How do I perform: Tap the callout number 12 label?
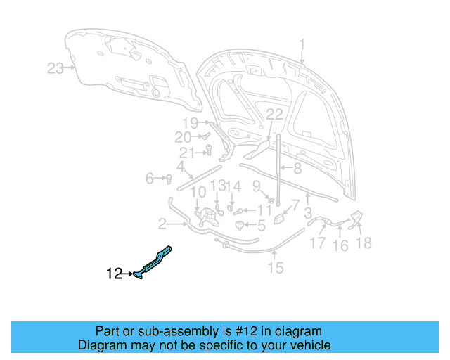pyautogui.click(x=115, y=274)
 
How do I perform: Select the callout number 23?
pyautogui.click(x=55, y=68)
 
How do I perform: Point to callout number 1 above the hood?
pyautogui.click(x=302, y=46)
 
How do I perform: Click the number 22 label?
pyautogui.click(x=274, y=114)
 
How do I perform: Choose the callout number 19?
pyautogui.click(x=191, y=123)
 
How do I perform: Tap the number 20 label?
pyautogui.click(x=183, y=137)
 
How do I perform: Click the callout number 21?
pyautogui.click(x=186, y=153)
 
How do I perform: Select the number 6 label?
pyautogui.click(x=150, y=179)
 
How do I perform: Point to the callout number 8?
pyautogui.click(x=297, y=168)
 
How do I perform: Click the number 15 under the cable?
pyautogui.click(x=276, y=267)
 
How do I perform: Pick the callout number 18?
pyautogui.click(x=364, y=243)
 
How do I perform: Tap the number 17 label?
pyautogui.click(x=318, y=244)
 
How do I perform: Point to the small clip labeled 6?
pyautogui.click(x=169, y=179)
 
